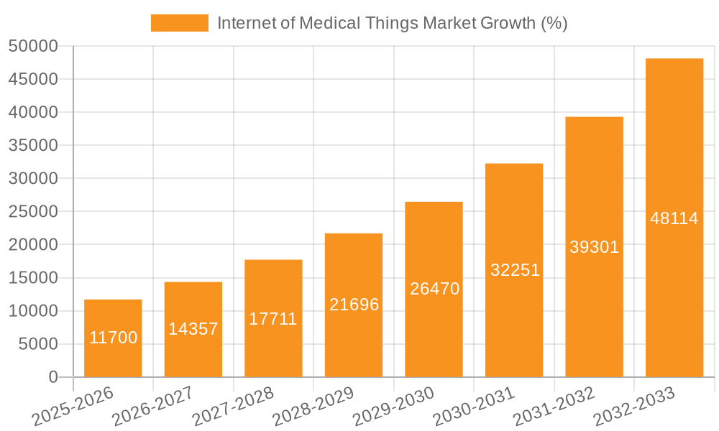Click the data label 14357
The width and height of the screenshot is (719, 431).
tap(193, 329)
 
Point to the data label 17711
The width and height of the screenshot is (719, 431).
tap(273, 319)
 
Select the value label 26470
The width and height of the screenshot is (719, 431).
tap(434, 289)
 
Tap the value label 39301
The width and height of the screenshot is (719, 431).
tap(594, 247)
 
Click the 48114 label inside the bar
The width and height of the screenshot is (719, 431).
tap(674, 218)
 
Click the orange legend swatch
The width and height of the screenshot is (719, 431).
tap(179, 23)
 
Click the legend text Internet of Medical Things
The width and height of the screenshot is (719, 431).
tap(392, 23)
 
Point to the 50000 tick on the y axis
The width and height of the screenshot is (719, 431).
tap(33, 47)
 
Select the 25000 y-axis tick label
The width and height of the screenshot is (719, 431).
tap(33, 212)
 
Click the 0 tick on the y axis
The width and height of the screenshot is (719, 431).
tap(52, 377)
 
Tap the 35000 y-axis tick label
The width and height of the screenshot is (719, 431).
tap(33, 146)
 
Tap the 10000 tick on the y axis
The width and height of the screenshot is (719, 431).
tap(33, 311)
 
